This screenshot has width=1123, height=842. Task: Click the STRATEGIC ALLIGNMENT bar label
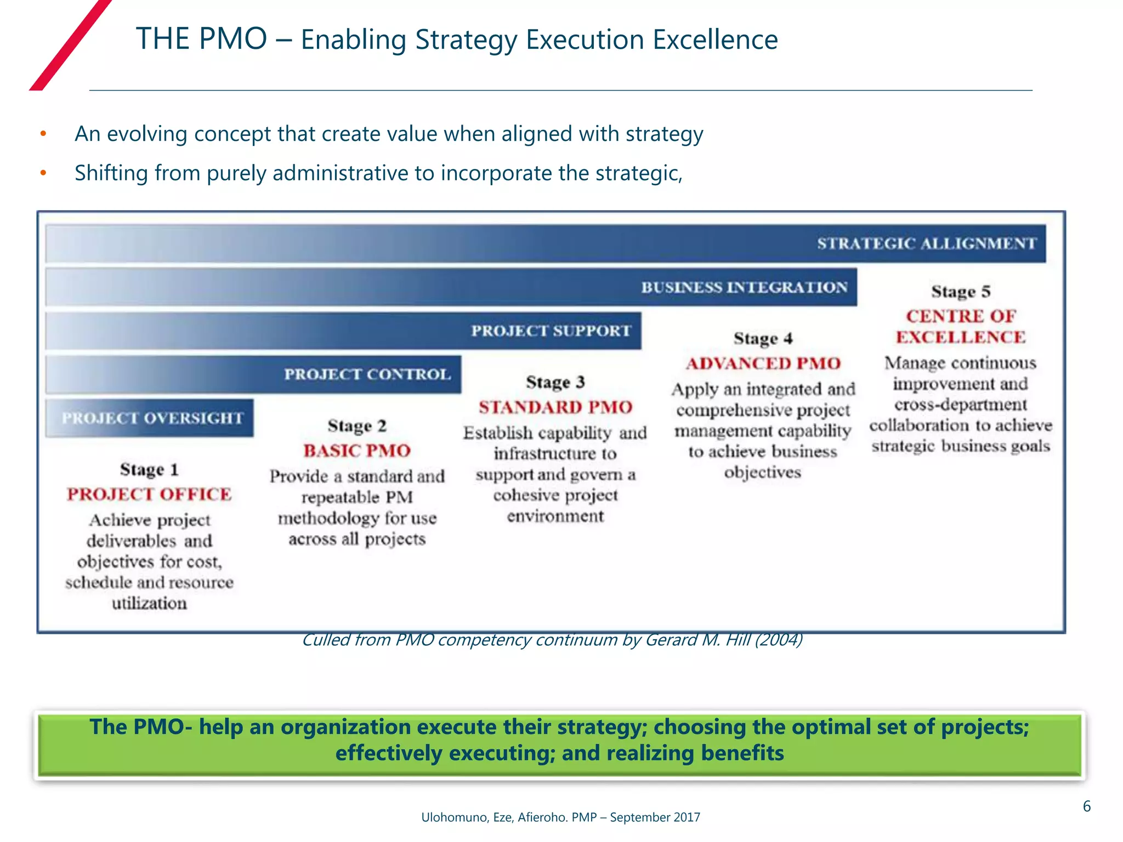[927, 243]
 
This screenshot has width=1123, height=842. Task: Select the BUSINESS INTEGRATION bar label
[744, 287]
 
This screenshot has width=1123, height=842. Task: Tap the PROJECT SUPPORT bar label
[551, 331]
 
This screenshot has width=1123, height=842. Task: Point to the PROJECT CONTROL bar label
[367, 374]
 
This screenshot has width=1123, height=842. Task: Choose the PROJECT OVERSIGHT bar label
[152, 418]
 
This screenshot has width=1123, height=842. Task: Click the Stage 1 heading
[149, 470]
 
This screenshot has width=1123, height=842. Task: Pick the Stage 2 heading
[357, 426]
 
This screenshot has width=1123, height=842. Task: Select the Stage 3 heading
[555, 382]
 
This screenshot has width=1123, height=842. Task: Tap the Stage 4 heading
[763, 338]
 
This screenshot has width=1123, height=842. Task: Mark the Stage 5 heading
[961, 291]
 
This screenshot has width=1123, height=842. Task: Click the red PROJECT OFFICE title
[149, 494]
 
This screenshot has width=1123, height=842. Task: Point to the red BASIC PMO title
[357, 451]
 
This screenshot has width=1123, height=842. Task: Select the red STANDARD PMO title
[555, 407]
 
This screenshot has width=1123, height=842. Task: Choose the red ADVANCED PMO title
[763, 363]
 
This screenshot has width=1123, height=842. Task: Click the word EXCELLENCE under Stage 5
[961, 337]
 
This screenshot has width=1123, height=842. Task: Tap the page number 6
[1086, 806]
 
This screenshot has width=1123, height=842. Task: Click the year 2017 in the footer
[687, 817]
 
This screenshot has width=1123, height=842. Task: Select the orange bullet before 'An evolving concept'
[43, 134]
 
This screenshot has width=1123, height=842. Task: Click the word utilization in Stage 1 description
[149, 604]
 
